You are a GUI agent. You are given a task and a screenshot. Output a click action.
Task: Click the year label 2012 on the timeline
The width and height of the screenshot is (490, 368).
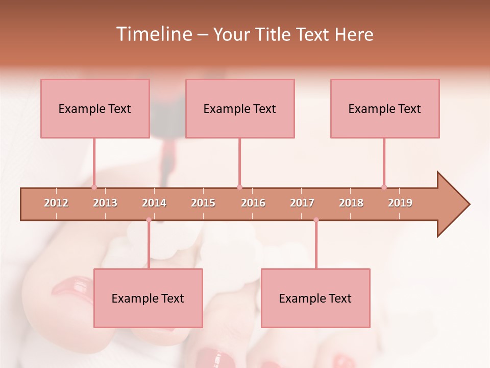pos(56,203)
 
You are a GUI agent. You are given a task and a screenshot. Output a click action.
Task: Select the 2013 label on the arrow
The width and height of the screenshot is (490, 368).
pos(105,203)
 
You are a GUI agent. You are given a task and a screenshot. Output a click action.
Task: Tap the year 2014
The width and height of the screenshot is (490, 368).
pos(154,203)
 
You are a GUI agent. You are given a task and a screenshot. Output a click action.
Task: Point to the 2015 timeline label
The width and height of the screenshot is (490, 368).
pos(203,203)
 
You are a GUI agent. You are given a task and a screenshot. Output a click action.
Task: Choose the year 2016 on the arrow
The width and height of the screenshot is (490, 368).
pos(253,203)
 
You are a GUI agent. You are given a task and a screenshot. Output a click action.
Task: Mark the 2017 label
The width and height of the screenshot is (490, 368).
pos(302,203)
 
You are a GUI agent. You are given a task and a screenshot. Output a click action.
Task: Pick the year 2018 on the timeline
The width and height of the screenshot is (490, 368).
pos(351,203)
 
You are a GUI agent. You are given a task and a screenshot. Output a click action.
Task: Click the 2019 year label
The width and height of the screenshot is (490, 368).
pos(400,203)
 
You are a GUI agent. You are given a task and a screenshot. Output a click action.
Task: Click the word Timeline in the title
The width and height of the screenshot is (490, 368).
pos(153,34)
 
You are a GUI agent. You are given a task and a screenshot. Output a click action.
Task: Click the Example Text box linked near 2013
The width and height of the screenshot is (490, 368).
pos(95,108)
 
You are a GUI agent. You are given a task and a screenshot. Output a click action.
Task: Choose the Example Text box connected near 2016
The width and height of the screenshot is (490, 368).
pos(240,108)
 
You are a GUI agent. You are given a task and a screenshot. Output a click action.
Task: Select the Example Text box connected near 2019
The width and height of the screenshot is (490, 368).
pos(385,108)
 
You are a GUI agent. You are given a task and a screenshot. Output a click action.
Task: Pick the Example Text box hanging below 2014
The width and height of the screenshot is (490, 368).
pos(148,298)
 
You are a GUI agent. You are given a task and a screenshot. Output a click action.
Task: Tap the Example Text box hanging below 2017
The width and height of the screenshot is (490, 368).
pos(315,298)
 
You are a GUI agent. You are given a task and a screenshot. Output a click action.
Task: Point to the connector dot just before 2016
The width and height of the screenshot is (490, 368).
pos(239,187)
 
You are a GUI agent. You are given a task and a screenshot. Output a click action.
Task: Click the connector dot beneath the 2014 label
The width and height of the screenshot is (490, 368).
pos(149,220)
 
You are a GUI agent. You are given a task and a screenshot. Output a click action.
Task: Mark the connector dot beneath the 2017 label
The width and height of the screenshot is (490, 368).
pos(316,220)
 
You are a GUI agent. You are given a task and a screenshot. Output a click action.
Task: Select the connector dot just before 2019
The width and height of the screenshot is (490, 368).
pos(384,187)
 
